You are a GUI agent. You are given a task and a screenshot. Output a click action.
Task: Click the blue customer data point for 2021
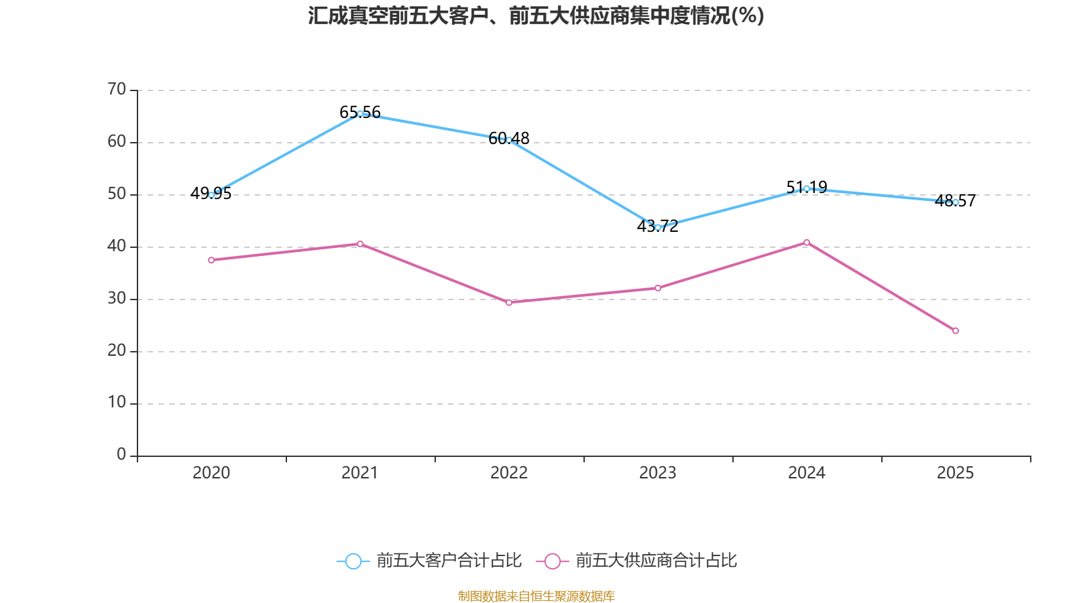click(360, 113)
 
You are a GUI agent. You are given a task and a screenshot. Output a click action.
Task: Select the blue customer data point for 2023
click(658, 227)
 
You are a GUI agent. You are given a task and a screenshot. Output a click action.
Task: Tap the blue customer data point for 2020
click(211, 195)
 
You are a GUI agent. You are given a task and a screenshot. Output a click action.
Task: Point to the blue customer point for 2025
click(956, 202)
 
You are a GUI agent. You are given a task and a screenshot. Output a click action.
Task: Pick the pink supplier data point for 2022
click(509, 302)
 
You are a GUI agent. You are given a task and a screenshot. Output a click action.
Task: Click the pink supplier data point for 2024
click(807, 243)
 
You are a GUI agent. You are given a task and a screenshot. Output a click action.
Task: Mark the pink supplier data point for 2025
click(956, 330)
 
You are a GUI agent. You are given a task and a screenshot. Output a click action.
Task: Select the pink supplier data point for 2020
click(211, 260)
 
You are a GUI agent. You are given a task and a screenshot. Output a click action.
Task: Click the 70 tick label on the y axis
click(117, 89)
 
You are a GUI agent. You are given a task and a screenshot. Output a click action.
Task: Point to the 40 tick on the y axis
click(117, 246)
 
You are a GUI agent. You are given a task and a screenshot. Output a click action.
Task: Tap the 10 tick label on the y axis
click(117, 403)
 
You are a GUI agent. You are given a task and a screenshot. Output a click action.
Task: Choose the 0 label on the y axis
click(121, 455)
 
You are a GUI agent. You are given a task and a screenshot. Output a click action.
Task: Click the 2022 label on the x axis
click(509, 473)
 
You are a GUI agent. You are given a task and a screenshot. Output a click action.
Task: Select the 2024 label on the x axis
click(807, 473)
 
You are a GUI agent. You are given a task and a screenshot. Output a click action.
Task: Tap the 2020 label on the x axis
click(211, 473)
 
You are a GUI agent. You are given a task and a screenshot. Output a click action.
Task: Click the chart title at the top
click(536, 15)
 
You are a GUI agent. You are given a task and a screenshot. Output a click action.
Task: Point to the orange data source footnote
click(536, 596)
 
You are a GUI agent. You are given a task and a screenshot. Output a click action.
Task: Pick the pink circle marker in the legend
click(552, 561)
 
